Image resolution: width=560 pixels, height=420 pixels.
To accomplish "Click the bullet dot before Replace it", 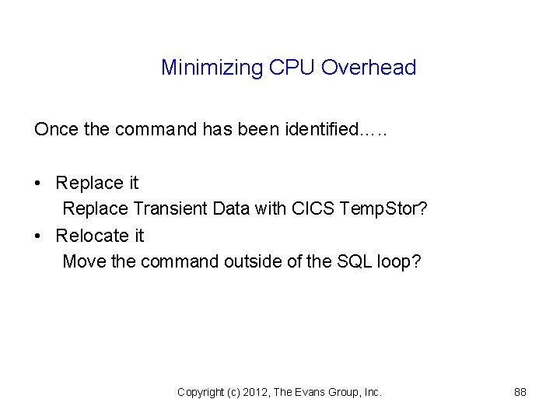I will (x=38, y=184).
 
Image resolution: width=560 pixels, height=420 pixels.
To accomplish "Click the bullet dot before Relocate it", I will (x=38, y=236).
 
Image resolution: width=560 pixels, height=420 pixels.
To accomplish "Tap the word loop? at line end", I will (x=399, y=261).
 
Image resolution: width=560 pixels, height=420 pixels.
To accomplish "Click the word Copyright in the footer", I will (x=201, y=393).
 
